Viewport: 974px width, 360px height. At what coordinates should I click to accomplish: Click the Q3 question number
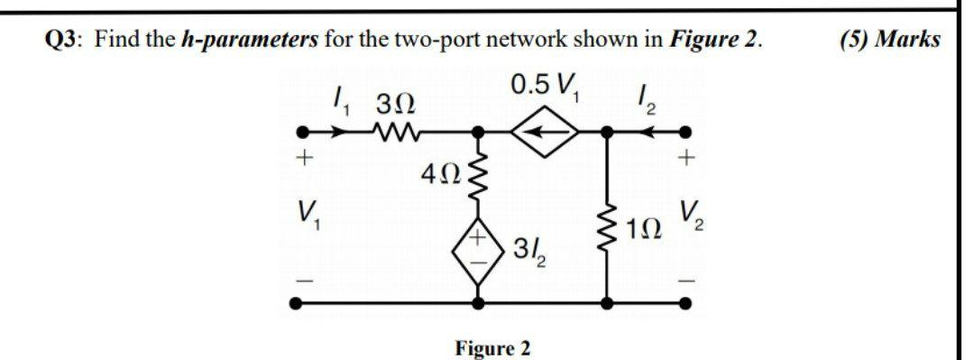click(x=65, y=40)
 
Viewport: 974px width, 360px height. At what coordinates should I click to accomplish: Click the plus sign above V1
click(x=304, y=159)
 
